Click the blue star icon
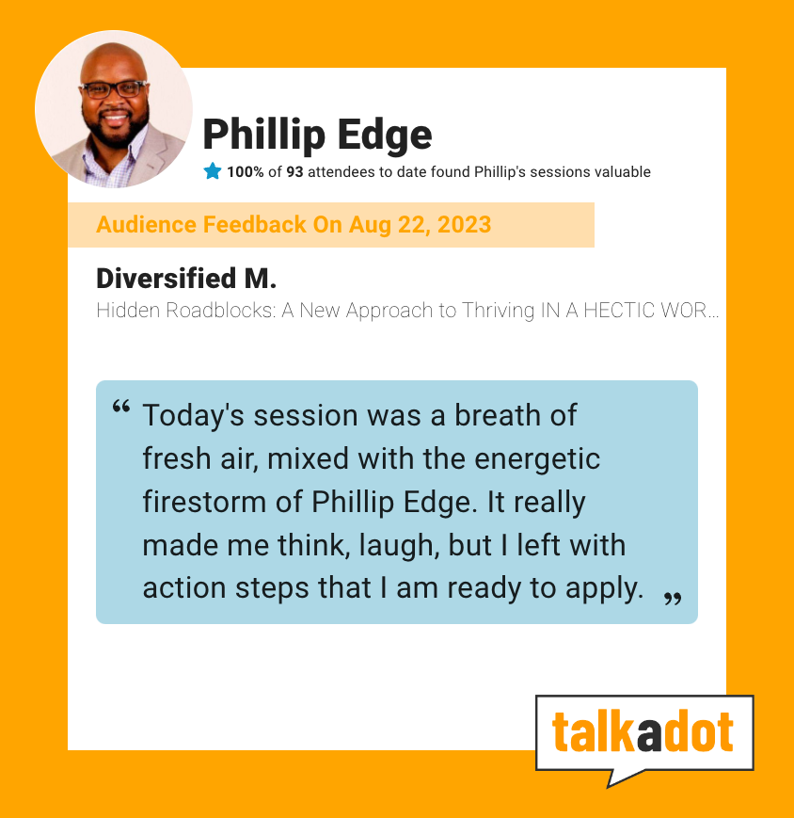point(213,171)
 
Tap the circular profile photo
point(114,109)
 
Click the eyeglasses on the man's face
point(113,89)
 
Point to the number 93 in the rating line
point(294,171)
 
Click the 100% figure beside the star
point(245,171)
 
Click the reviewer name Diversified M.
point(186,278)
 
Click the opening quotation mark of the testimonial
point(121,407)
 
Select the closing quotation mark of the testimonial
point(673,599)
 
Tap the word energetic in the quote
point(537,460)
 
